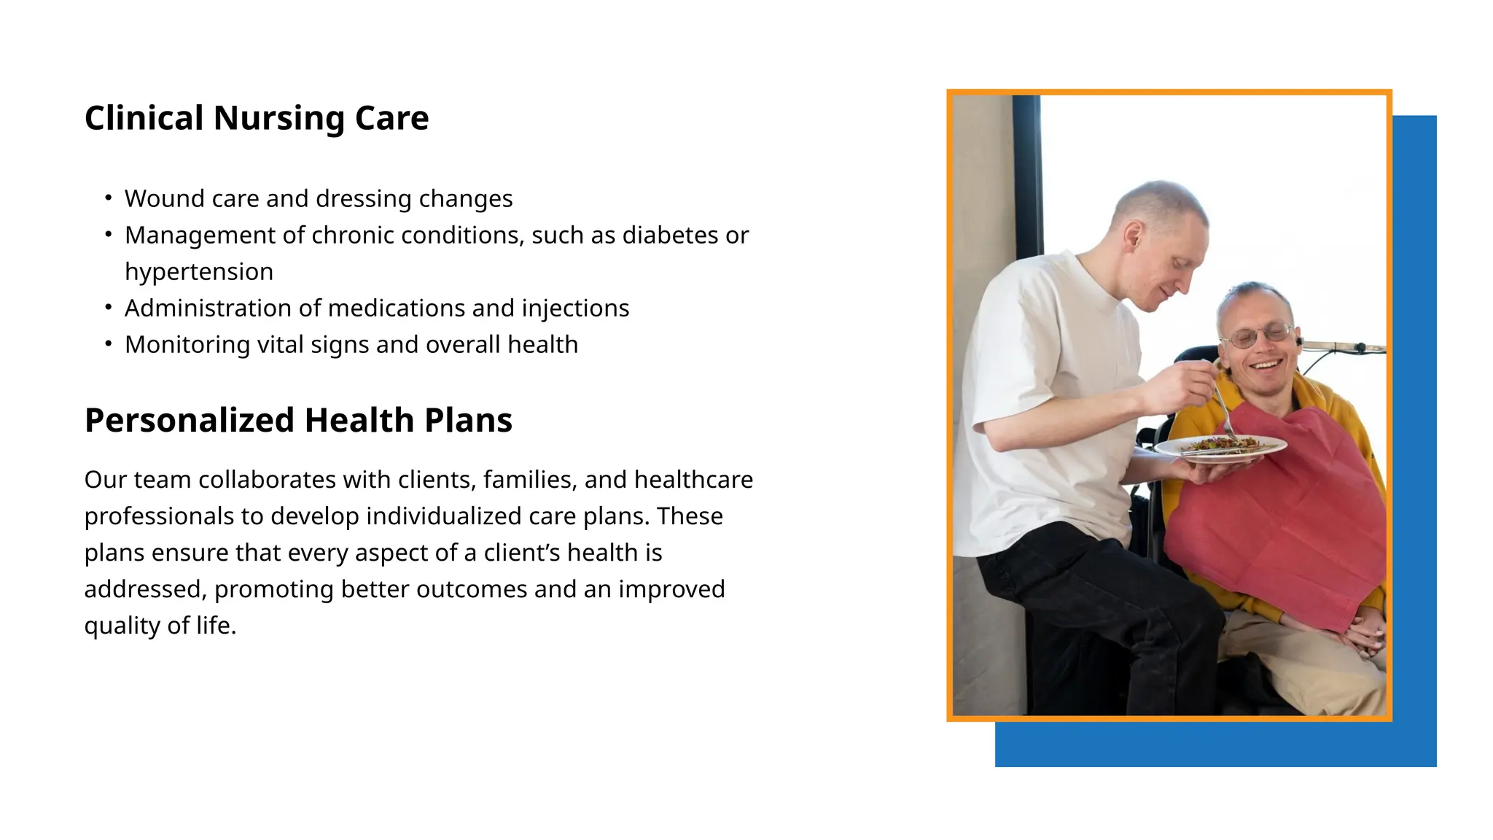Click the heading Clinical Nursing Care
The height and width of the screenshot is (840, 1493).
pyautogui.click(x=257, y=118)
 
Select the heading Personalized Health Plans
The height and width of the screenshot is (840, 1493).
pyautogui.click(x=298, y=421)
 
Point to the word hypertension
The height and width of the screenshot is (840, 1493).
pyautogui.click(x=199, y=271)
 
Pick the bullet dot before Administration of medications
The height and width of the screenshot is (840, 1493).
pyautogui.click(x=109, y=308)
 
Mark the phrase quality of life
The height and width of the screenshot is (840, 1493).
pyautogui.click(x=160, y=625)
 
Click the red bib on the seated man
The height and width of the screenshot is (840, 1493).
pyautogui.click(x=1283, y=510)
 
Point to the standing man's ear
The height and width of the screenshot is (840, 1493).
pyautogui.click(x=1132, y=235)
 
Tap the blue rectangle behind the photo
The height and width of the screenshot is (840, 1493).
pyautogui.click(x=1414, y=437)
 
